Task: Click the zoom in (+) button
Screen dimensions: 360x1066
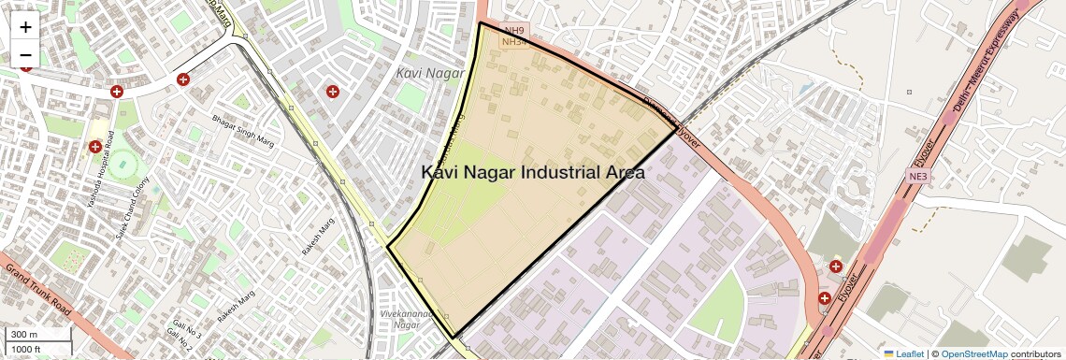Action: click(x=25, y=27)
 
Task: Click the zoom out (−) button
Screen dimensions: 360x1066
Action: click(x=25, y=55)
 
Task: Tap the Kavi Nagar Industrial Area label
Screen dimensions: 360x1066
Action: click(x=533, y=173)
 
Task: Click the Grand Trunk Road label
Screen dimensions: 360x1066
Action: click(x=38, y=290)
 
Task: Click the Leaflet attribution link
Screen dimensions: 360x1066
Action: click(x=903, y=353)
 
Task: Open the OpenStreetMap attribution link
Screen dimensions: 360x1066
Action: click(x=974, y=353)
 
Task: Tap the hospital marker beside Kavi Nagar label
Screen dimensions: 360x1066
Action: click(x=332, y=92)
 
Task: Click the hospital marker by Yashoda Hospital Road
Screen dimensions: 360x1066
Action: click(x=95, y=147)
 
